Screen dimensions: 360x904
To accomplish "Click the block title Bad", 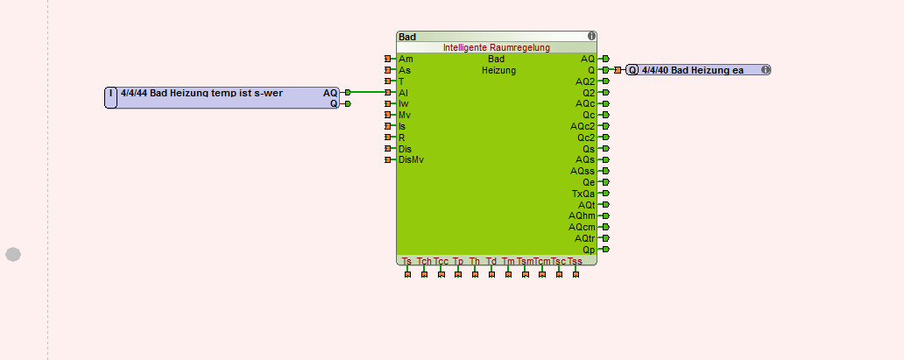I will click(407, 37).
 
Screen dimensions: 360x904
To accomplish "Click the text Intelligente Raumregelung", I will click(496, 47).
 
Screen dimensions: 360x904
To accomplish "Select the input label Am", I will click(406, 59).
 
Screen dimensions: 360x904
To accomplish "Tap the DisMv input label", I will click(411, 159).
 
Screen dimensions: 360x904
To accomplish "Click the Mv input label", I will click(405, 115).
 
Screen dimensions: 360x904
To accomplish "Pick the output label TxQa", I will click(583, 194).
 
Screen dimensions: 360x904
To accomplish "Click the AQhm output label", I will click(582, 215).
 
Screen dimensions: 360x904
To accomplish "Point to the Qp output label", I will click(589, 250).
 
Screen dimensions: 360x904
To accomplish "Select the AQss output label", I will click(584, 171).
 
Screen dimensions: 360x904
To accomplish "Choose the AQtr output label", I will click(584, 238).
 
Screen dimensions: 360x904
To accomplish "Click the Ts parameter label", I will click(406, 261).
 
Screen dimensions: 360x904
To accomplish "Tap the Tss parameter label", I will click(575, 261).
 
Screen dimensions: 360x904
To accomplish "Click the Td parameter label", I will click(491, 261).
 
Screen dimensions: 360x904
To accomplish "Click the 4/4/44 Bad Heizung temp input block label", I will click(201, 92).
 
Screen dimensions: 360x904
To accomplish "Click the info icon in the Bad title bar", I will click(591, 37).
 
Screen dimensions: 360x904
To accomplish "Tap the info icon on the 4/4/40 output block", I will click(766, 70).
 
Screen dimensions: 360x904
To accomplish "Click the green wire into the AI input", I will click(368, 92).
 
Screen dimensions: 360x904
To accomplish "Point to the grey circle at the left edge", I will click(13, 254).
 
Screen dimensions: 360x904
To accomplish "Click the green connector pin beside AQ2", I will click(605, 81).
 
